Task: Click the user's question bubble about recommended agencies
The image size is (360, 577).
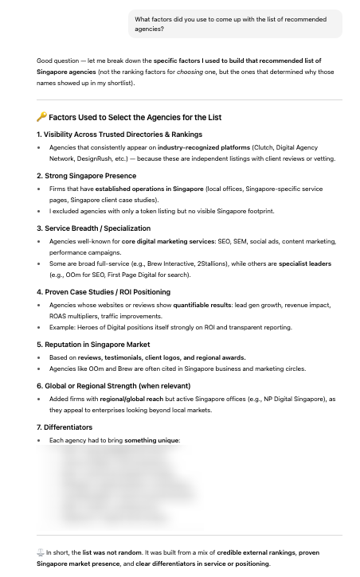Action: (235, 24)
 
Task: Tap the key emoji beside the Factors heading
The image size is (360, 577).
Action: (41, 117)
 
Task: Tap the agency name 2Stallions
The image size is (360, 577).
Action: (214, 263)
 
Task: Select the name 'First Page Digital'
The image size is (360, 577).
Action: (136, 275)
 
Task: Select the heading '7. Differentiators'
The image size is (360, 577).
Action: (65, 427)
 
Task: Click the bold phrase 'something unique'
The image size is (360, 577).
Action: (151, 440)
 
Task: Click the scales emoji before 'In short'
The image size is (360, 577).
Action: (41, 552)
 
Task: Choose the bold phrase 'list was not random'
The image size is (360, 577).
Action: (112, 552)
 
